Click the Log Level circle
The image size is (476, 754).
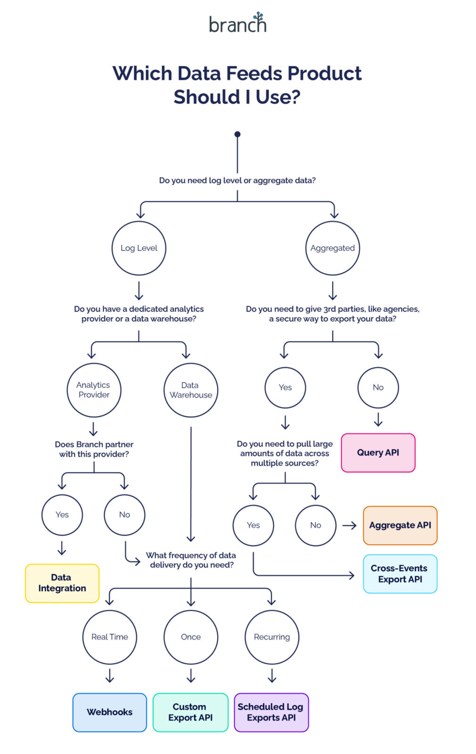click(x=139, y=248)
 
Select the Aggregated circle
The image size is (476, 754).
click(x=333, y=248)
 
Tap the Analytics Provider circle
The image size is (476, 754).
click(x=94, y=390)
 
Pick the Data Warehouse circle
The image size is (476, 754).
click(x=191, y=390)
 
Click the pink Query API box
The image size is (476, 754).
click(x=378, y=453)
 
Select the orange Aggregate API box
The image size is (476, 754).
click(x=400, y=525)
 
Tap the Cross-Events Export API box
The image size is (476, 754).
click(x=400, y=574)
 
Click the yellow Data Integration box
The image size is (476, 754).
click(x=62, y=583)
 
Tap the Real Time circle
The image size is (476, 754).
click(x=110, y=637)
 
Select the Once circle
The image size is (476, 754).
click(x=191, y=637)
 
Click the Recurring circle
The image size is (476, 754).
click(x=272, y=637)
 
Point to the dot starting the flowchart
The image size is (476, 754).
click(x=238, y=134)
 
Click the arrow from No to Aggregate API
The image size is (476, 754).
click(x=349, y=525)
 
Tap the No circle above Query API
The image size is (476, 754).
click(x=378, y=387)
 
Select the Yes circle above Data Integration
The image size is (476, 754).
click(x=62, y=515)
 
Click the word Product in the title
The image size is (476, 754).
click(x=324, y=74)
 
